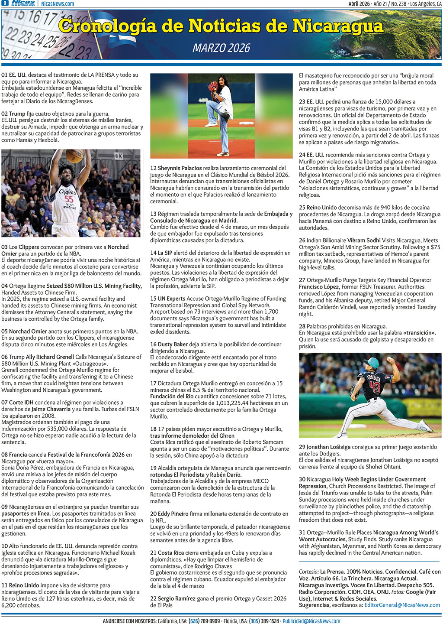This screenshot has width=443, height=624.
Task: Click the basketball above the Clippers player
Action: pos(74,156)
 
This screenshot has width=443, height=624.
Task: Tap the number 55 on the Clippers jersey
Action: pos(69,198)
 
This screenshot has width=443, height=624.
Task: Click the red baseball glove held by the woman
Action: pos(212,86)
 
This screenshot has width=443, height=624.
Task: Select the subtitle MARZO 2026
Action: pos(221,48)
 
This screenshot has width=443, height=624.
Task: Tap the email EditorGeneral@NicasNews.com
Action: pos(402,605)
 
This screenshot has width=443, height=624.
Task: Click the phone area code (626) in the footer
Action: pos(196,621)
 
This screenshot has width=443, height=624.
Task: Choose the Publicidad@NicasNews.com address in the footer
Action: pos(311,621)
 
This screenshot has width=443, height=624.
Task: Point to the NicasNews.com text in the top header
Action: pos(58,3)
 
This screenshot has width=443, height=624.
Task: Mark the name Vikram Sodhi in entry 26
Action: pos(363,240)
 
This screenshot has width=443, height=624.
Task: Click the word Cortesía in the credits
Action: pos(308,572)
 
